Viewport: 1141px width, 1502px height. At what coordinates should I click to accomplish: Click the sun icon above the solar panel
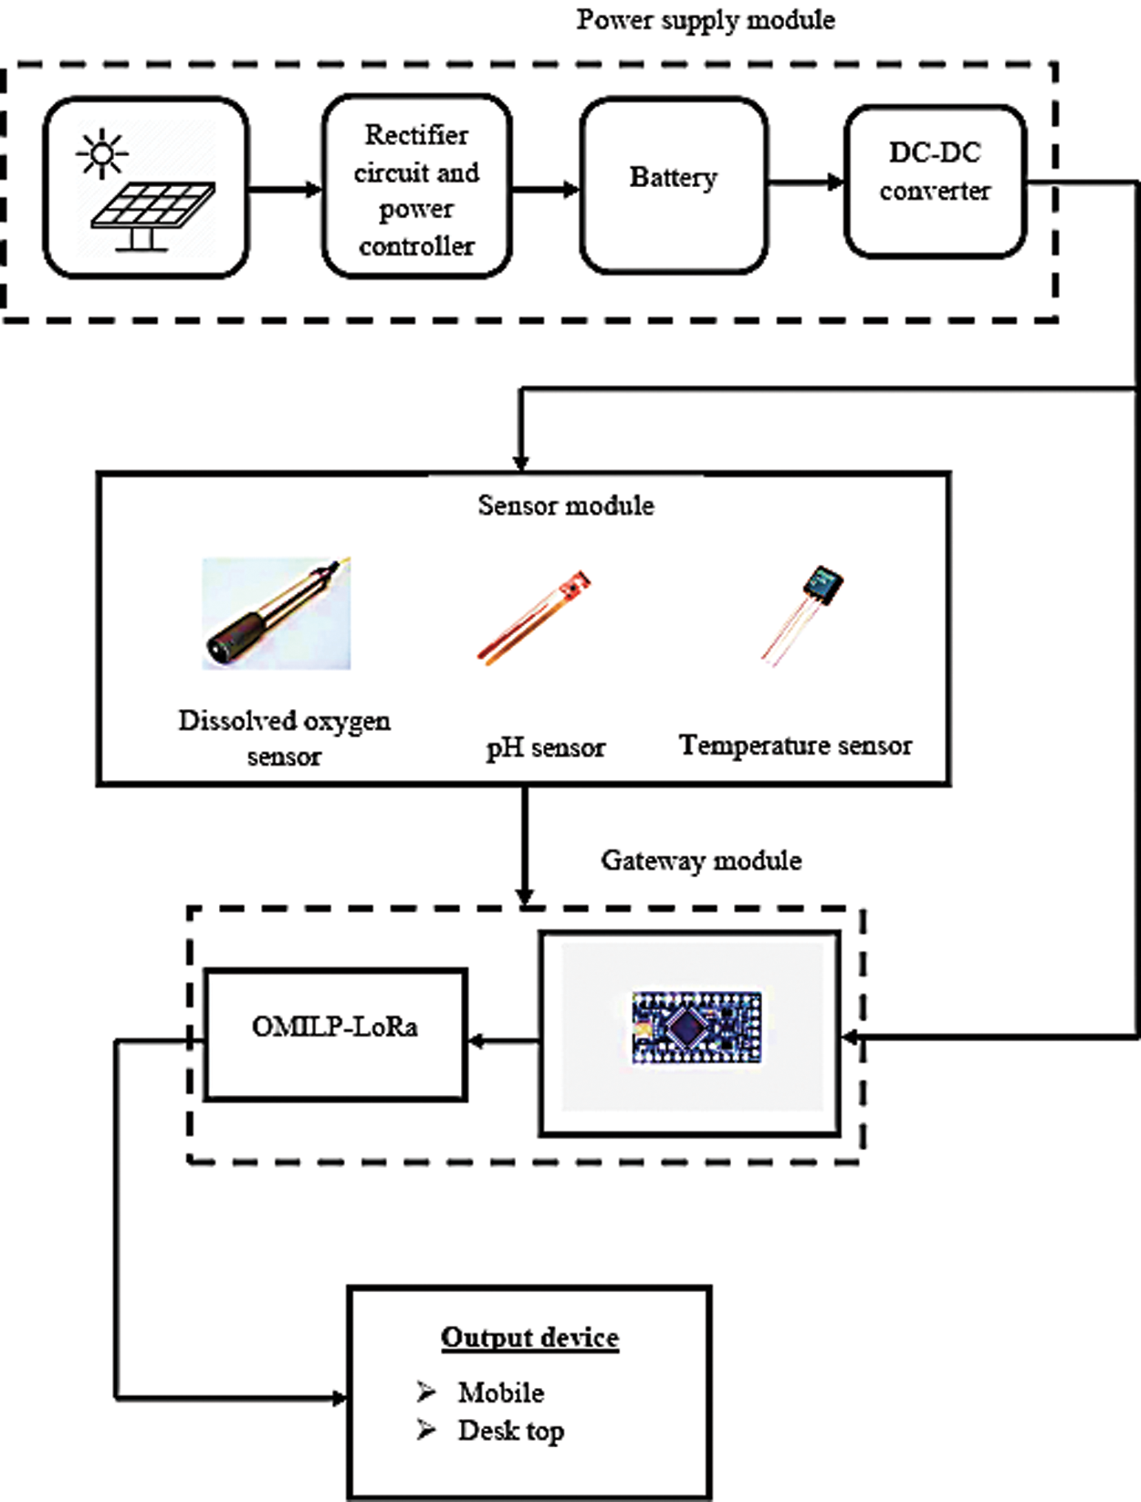point(102,154)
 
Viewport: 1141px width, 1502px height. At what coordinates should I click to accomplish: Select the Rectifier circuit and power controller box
point(417,187)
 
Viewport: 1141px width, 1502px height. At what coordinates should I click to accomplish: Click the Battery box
point(675,184)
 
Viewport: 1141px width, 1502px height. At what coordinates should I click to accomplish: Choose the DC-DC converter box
point(935,182)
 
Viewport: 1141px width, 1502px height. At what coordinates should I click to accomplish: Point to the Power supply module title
point(706,20)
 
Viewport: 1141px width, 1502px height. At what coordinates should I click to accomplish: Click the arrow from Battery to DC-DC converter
point(806,183)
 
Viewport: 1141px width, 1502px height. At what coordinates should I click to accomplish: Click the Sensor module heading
point(566,506)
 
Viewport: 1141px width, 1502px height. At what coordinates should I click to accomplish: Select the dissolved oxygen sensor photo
point(277,613)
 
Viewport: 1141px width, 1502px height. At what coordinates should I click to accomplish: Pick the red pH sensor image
point(534,618)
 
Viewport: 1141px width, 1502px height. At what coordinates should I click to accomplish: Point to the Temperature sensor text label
point(795,746)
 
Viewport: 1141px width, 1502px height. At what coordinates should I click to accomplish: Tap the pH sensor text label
point(546,748)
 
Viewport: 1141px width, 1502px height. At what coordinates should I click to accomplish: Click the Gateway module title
point(702,861)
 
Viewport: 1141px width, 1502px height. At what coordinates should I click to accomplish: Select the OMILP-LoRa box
point(335,1034)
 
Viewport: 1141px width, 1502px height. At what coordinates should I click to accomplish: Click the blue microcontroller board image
point(696,1027)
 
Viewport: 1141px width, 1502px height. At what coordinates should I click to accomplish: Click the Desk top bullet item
point(490,1431)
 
